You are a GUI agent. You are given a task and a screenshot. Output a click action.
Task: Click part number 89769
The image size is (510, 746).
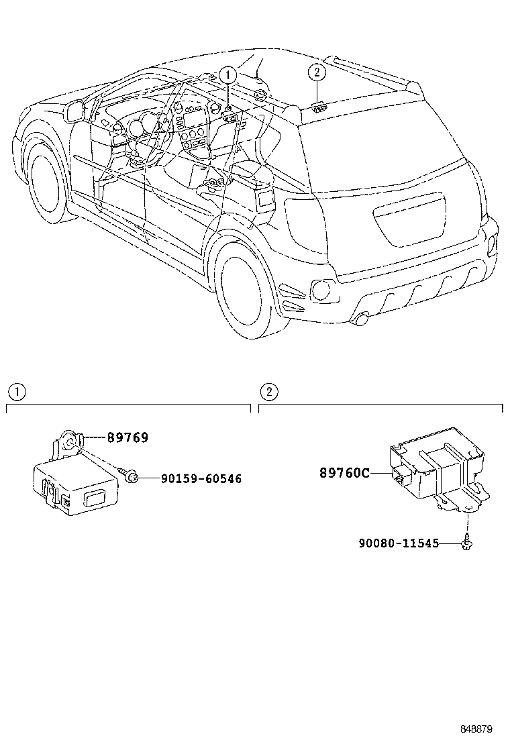(x=127, y=437)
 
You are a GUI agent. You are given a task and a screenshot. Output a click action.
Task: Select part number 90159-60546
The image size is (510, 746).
(x=201, y=478)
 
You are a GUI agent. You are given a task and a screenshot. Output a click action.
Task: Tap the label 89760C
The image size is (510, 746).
(x=344, y=473)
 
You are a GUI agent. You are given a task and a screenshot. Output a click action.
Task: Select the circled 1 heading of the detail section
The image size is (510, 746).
(x=15, y=392)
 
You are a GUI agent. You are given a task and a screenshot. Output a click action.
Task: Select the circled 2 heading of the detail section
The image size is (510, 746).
(x=268, y=392)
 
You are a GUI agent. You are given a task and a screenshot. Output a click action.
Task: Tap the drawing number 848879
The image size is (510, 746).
(x=476, y=729)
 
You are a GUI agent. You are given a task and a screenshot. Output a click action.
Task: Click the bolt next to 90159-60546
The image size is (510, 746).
(x=132, y=477)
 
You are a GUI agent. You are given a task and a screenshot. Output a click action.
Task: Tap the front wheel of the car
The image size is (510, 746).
(x=47, y=180)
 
